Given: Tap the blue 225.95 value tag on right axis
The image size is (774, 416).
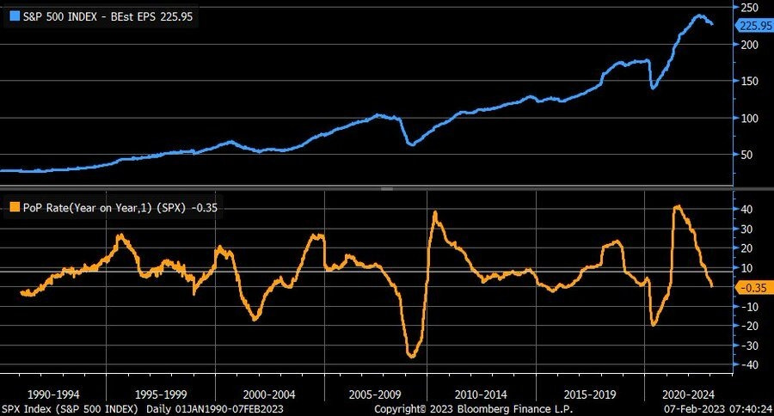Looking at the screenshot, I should coord(753,25).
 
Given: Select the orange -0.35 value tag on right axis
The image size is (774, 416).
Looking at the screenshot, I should coord(752,287).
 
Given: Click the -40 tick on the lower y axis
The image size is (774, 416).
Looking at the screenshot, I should coord(747,364).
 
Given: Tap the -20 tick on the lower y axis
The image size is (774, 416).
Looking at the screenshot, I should coord(747,326).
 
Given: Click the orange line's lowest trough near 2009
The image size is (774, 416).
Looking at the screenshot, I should coord(411,356).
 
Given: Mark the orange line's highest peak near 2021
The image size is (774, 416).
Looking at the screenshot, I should coord(678,206).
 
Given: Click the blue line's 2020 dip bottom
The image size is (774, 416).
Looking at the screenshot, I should coord(653,88).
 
